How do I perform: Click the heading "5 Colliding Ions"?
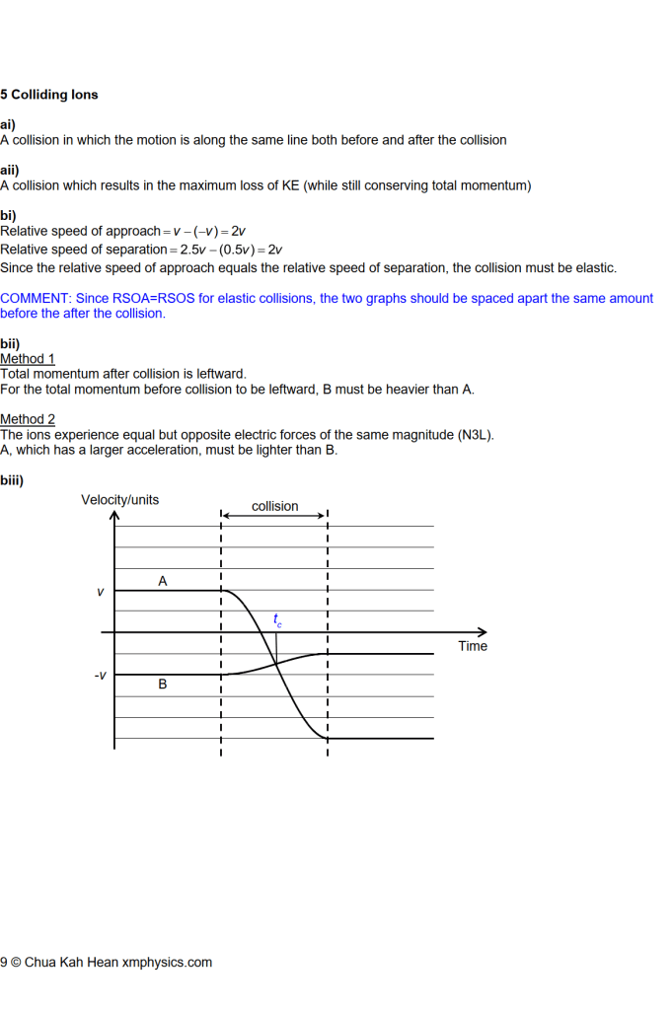tap(49, 95)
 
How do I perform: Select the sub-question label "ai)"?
tap(8, 125)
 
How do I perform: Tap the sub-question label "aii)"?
tap(10, 170)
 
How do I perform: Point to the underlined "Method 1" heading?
tap(28, 359)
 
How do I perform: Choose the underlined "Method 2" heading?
tap(28, 419)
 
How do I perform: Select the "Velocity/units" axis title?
tap(119, 500)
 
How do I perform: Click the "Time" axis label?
tap(473, 646)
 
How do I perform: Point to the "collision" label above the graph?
tap(274, 506)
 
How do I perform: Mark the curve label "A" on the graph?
tap(163, 582)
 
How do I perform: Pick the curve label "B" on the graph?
tap(163, 684)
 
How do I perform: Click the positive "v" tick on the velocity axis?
tap(100, 592)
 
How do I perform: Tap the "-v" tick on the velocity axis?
tap(100, 676)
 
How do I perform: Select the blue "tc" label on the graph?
tap(277, 620)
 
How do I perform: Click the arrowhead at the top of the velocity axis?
tap(114, 515)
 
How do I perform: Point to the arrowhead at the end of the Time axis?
tap(483, 632)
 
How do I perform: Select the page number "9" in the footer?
tap(4, 963)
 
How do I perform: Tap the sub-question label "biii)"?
tap(12, 480)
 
